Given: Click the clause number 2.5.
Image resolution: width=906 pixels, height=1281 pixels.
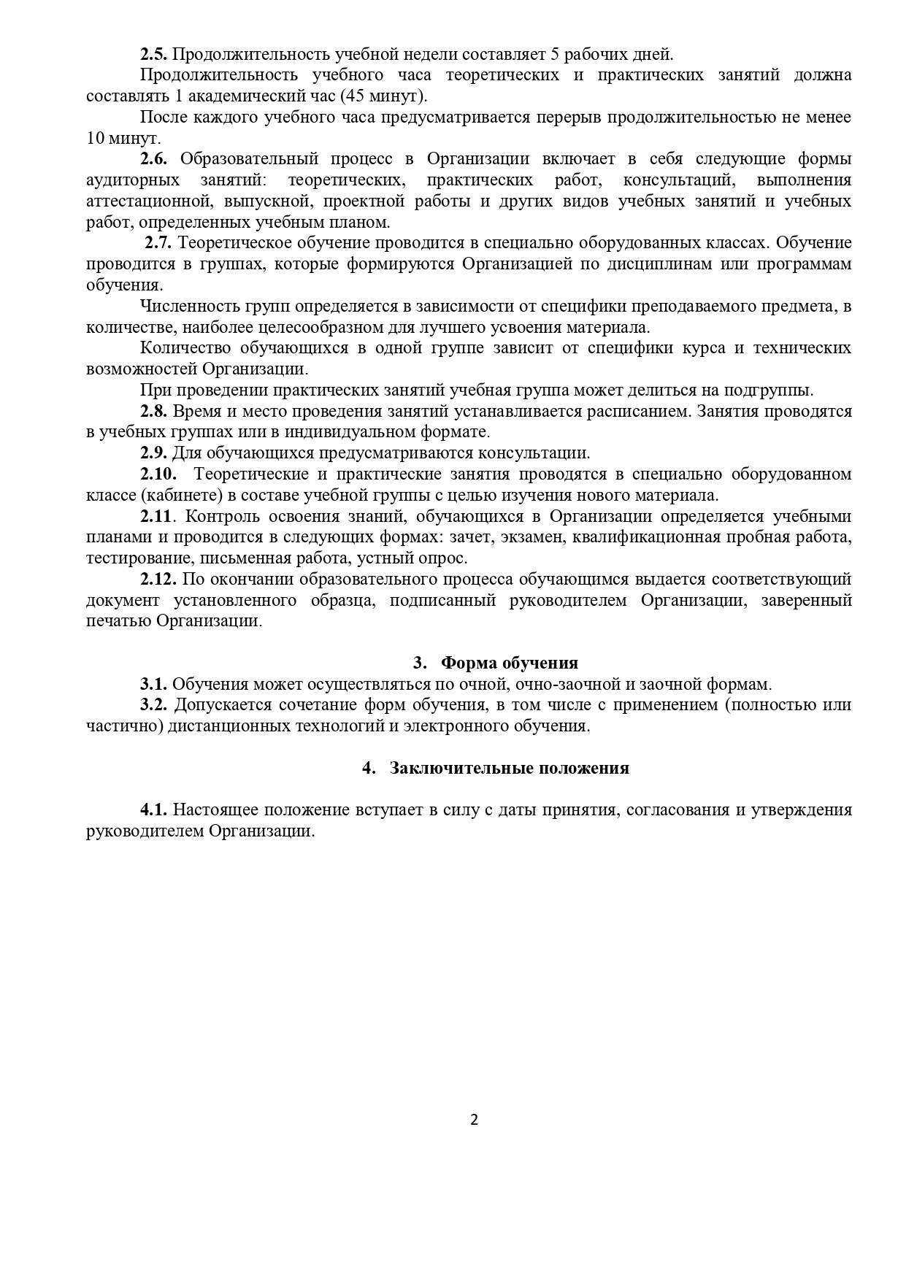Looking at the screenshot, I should point(154,54).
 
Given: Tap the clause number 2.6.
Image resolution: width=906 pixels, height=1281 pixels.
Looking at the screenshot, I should point(154,159).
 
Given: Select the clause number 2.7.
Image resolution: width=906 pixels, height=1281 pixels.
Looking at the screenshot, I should point(158,243).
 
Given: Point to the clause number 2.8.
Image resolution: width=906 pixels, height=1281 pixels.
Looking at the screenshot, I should point(154,411).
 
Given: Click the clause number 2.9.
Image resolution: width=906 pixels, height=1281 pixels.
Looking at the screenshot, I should point(154,453).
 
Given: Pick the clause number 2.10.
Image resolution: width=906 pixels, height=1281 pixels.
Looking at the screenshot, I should point(158,474).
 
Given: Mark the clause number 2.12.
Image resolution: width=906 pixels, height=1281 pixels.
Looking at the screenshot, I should point(158,580).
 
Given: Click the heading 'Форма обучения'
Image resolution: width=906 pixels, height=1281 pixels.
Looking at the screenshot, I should point(510,663).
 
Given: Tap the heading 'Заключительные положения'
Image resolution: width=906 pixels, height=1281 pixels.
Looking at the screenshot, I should point(509,768).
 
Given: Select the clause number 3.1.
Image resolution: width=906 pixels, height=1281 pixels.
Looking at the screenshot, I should point(154,685).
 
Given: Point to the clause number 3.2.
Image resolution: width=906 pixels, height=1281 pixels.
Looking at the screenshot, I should point(154,705).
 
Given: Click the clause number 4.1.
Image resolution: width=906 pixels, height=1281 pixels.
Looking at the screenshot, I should point(154,810).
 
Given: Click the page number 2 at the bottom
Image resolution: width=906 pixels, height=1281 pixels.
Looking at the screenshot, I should point(475,1120).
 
